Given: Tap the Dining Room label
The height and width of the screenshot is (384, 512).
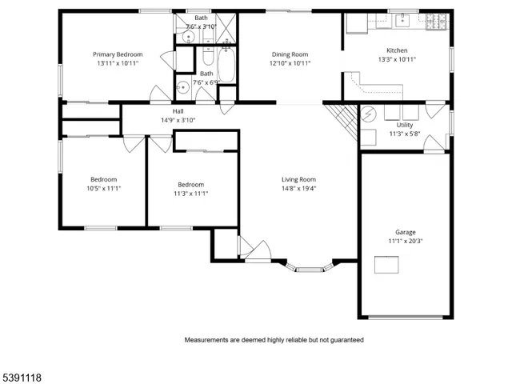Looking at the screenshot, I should pyautogui.click(x=290, y=54).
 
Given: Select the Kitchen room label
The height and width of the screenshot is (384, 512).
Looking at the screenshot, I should pyautogui.click(x=398, y=50).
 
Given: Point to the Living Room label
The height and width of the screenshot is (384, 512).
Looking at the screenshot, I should pyautogui.click(x=298, y=179).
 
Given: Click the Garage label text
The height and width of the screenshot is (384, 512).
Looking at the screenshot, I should pyautogui.click(x=405, y=231).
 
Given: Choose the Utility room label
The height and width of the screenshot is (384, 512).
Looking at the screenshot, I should pyautogui.click(x=405, y=125).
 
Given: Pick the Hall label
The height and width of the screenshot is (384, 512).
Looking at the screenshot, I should pyautogui.click(x=178, y=111).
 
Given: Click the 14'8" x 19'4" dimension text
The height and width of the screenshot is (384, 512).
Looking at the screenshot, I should pyautogui.click(x=298, y=189).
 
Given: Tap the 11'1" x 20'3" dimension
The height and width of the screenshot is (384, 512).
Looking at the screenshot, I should pyautogui.click(x=405, y=241).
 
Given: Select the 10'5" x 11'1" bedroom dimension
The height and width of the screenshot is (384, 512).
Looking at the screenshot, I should pyautogui.click(x=103, y=189).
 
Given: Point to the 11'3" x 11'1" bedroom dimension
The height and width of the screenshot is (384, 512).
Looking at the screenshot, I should pyautogui.click(x=190, y=193).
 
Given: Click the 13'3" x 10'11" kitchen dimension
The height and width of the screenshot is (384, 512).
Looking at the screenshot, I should pyautogui.click(x=398, y=59).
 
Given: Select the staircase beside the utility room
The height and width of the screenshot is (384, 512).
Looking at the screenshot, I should pyautogui.click(x=345, y=120).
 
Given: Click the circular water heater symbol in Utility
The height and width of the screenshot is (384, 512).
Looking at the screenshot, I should pyautogui.click(x=369, y=115).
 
